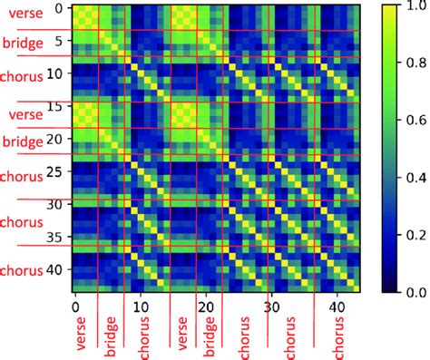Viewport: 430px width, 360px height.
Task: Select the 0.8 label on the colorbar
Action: [409, 63]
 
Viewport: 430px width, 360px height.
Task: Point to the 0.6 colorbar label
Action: [409, 120]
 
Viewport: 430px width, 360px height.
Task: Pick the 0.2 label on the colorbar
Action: [409, 235]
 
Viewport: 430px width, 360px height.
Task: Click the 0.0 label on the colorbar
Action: [409, 292]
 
